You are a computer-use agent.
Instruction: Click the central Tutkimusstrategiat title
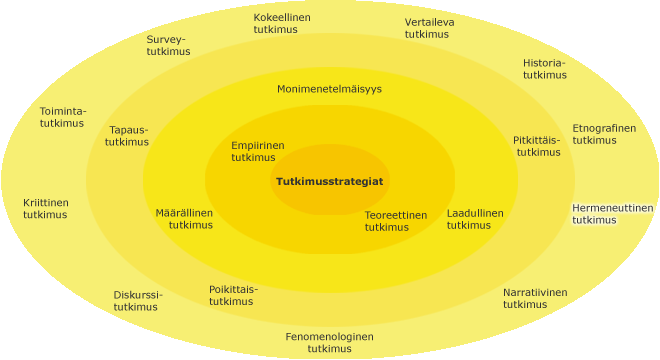pos(330,181)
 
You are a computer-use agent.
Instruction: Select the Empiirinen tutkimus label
pos(258,152)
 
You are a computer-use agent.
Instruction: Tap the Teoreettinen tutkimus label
pos(396,221)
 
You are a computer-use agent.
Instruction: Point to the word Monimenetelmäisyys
pos(329,89)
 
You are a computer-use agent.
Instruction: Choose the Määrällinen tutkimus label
pos(184,219)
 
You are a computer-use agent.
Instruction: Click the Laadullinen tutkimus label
pos(475,219)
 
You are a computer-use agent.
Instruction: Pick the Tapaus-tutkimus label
pos(127,136)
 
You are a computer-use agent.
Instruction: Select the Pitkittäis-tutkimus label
pos(537,146)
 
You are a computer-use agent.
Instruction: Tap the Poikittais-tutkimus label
pos(233,296)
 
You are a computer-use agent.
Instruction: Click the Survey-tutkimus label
pos(168,45)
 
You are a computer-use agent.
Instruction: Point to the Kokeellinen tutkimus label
pos(282,24)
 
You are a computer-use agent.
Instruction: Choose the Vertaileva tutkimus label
pos(429,28)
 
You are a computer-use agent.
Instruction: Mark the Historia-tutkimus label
pos(545,69)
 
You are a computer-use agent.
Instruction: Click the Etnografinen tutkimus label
pos(604,134)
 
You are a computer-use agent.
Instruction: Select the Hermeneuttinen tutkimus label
pos(612,214)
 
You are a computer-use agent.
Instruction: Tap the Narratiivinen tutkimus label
pos(535,299)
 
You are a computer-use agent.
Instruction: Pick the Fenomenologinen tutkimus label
pos(330,343)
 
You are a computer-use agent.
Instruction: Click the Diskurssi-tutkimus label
pos(138,301)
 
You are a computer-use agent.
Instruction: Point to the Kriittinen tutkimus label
pos(45,209)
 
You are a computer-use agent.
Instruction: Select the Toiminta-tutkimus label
pos(63,117)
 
